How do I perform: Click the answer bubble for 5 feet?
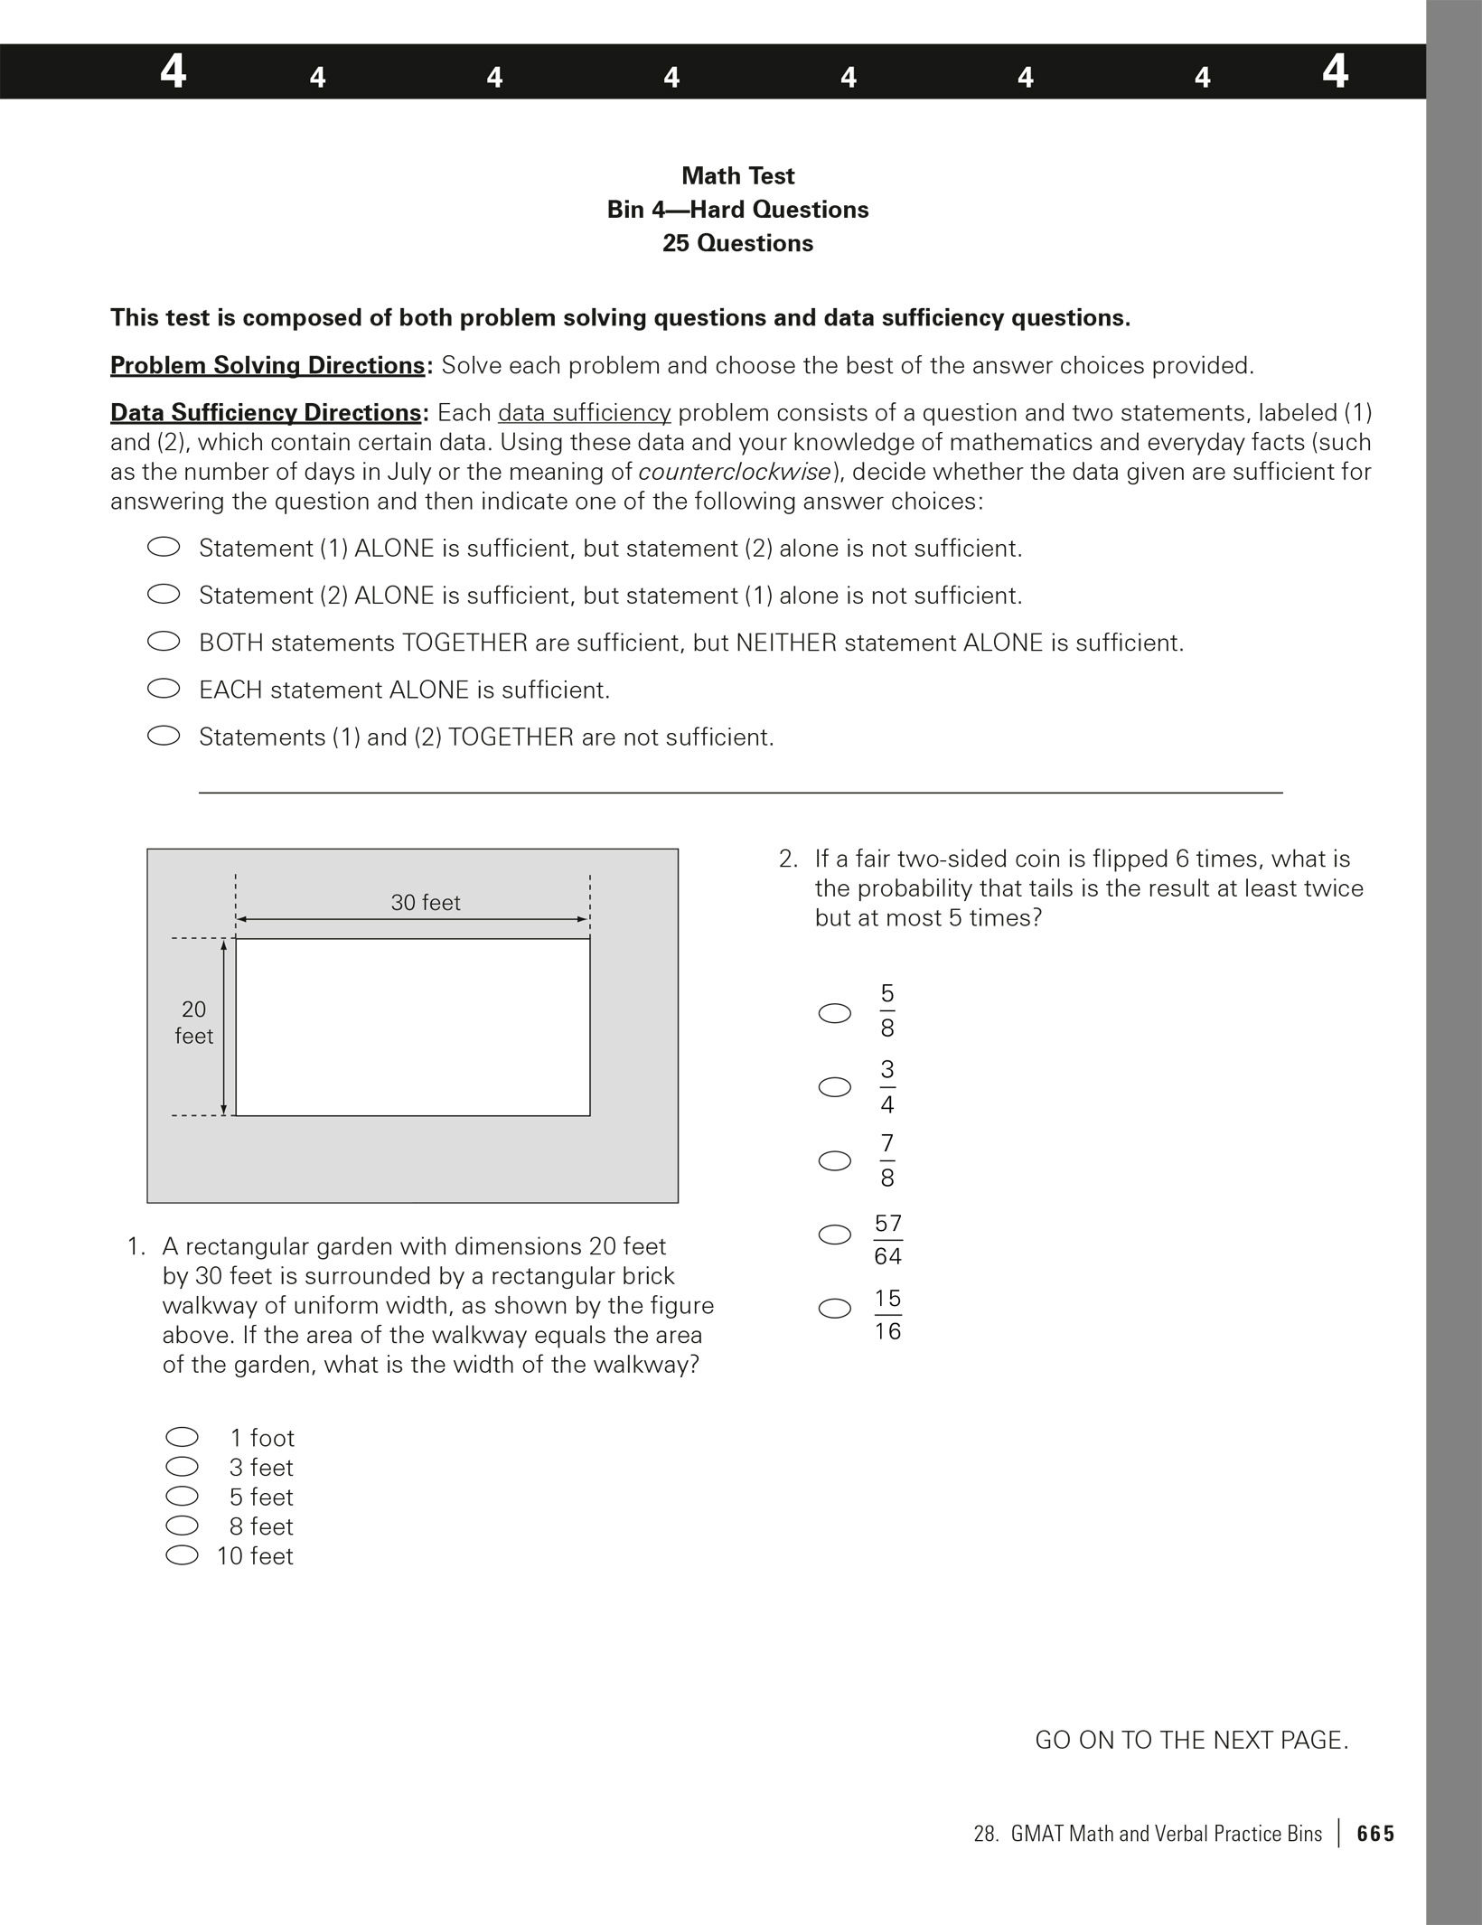[182, 1496]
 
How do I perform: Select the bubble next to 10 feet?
[182, 1554]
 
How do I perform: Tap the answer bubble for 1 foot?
[182, 1437]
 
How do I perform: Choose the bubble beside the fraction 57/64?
[834, 1235]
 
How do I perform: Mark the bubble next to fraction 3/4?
[834, 1086]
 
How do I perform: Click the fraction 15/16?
[887, 1314]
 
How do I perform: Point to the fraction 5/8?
[887, 1010]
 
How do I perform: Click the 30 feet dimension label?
[426, 902]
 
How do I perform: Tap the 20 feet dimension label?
[193, 1022]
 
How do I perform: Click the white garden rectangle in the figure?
[413, 1027]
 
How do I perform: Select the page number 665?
[1375, 1834]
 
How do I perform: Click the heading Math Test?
[737, 175]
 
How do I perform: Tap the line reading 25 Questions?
[737, 243]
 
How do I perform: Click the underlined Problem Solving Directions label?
[267, 365]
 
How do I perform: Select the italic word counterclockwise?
[734, 472]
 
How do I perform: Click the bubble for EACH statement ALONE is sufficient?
[164, 689]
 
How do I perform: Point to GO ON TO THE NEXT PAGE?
[1191, 1740]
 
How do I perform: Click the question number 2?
[788, 859]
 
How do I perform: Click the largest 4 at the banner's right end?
[1335, 70]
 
